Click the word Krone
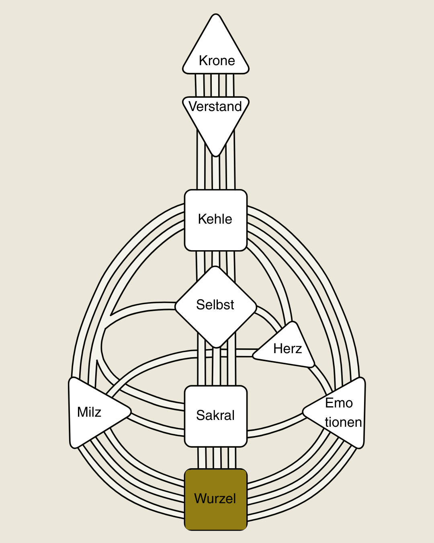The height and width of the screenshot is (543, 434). [217, 61]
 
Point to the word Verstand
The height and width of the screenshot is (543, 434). [215, 107]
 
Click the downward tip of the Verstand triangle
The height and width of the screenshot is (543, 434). [216, 155]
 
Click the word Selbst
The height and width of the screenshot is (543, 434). [215, 305]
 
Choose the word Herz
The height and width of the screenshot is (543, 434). [287, 349]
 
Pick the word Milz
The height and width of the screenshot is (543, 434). [89, 412]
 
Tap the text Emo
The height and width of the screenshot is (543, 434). [339, 403]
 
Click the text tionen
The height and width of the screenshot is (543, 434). [343, 422]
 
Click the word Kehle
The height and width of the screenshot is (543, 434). [215, 219]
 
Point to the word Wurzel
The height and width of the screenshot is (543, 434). [215, 499]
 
